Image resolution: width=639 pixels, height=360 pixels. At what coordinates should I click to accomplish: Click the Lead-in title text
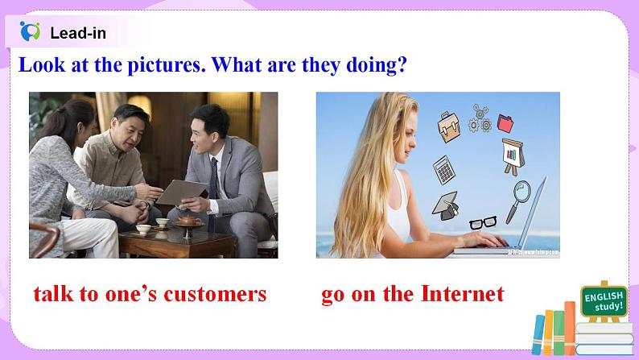pos(77,33)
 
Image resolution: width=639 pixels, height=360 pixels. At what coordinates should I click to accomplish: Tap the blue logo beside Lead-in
pos(30,32)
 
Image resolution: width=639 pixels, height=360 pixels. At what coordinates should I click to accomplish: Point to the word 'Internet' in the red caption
pos(462,294)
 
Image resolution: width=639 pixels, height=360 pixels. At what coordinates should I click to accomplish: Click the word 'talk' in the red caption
pos(54,294)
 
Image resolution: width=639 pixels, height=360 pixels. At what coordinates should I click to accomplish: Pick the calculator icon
pos(442,168)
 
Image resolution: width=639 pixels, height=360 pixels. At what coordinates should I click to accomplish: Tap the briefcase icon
pos(447,126)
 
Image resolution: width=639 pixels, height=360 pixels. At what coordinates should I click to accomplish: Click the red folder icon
pos(505,123)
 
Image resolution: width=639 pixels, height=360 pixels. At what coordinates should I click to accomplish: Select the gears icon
pos(480,118)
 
